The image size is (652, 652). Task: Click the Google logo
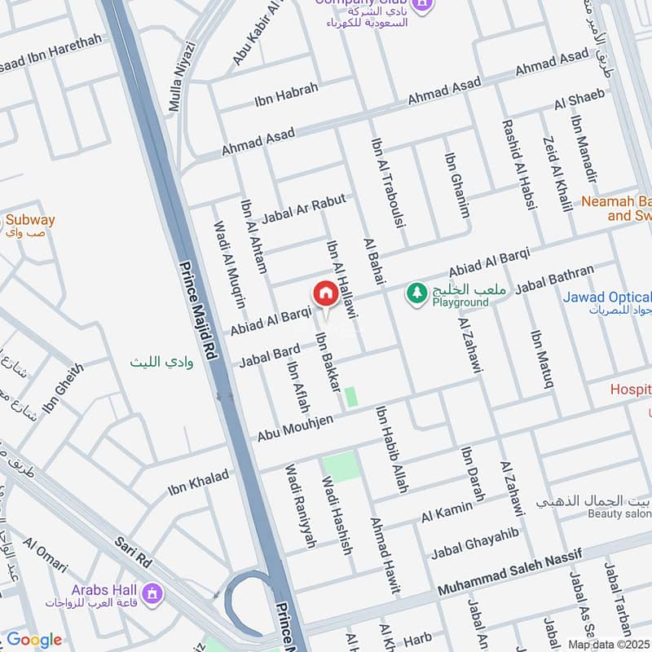click(34, 640)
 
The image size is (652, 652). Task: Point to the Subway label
click(30, 220)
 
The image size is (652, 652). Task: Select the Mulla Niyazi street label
click(182, 76)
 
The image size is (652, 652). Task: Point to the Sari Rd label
click(134, 551)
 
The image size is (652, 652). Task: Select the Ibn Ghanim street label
click(457, 185)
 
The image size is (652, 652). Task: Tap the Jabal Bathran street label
click(555, 278)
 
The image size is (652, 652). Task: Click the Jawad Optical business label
click(607, 297)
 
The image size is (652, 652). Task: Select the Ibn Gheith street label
click(61, 387)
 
